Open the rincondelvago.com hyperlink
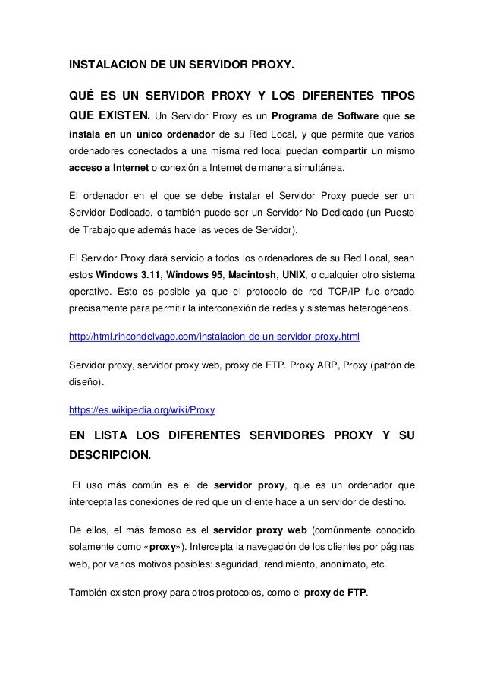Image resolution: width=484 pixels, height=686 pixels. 215,335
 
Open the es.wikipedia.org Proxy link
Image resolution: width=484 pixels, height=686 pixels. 142,409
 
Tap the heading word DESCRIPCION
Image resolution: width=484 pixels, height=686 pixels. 109,457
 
